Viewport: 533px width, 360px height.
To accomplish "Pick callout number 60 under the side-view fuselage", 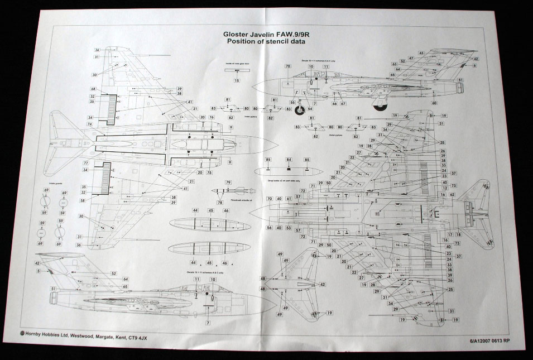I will point(433,103).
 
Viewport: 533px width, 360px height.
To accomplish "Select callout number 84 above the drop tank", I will point(289,160).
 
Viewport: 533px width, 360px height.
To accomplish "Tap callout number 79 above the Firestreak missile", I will point(228,183).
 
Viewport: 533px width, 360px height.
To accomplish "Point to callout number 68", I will point(93,89).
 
